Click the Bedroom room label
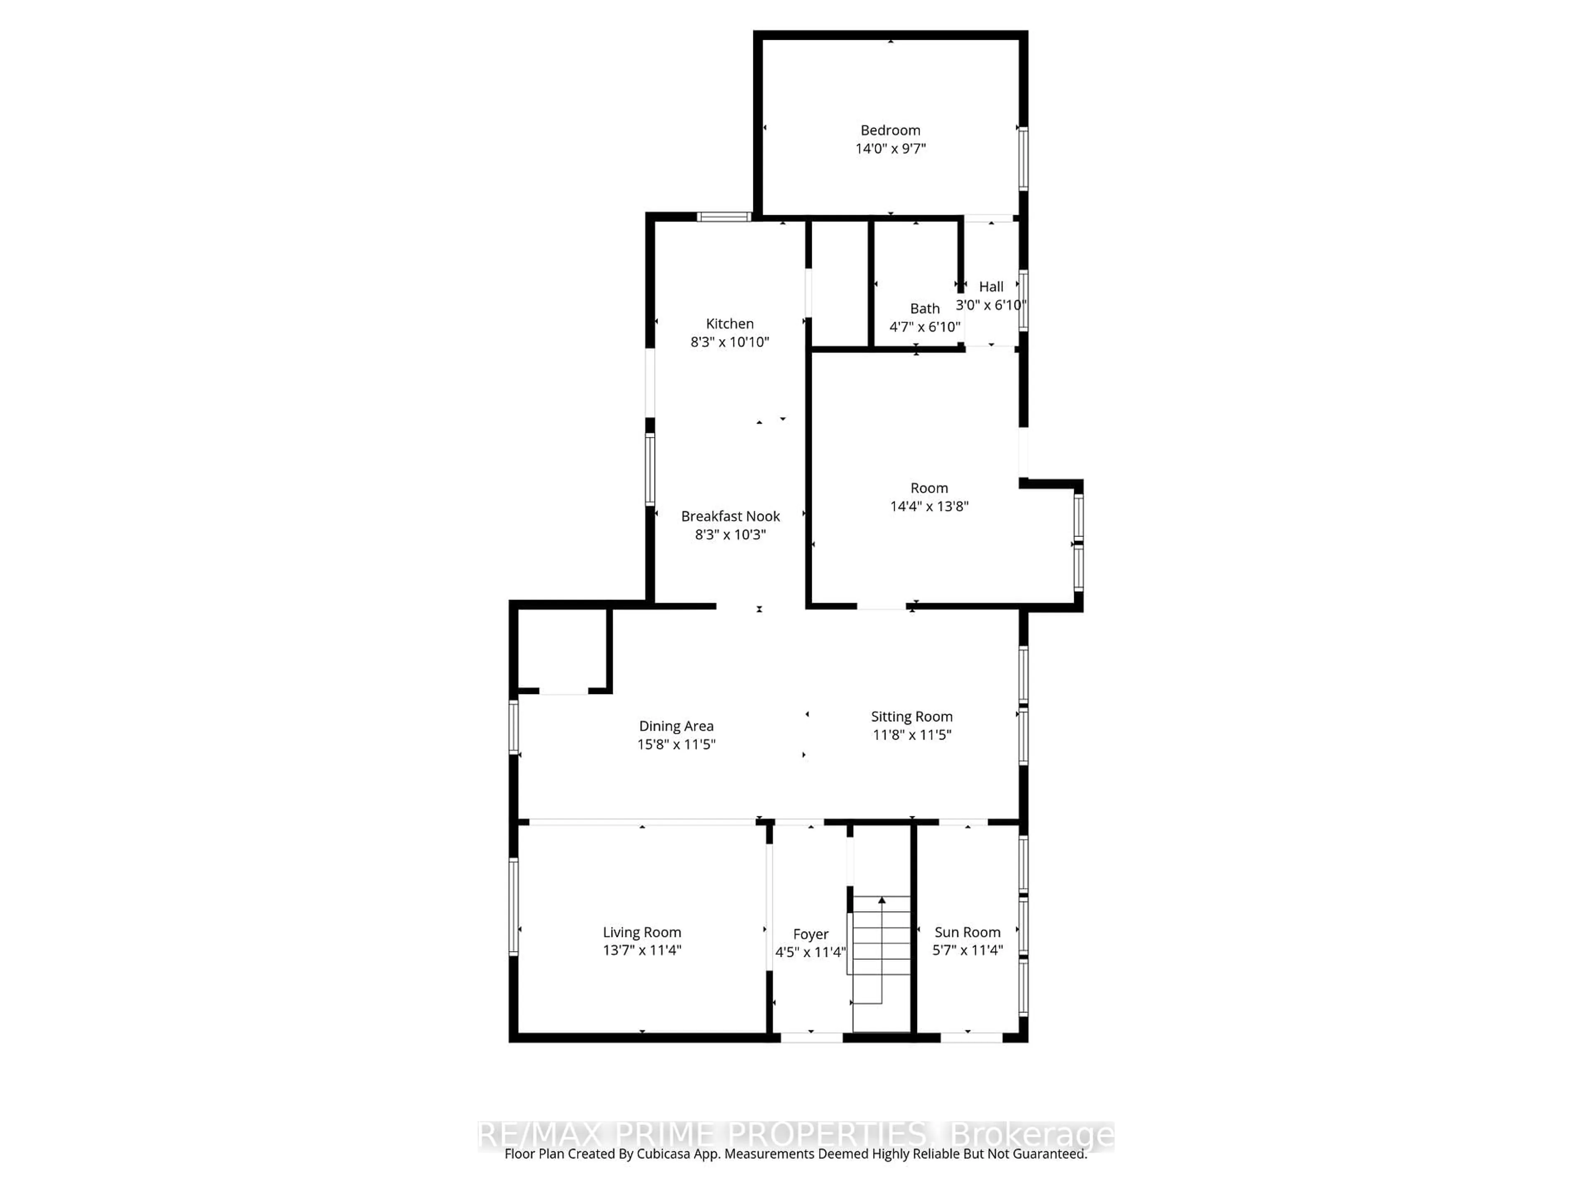coord(890,130)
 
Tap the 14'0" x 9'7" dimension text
coord(890,149)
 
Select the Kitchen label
coord(730,324)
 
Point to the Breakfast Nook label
coord(730,516)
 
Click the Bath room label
coord(925,309)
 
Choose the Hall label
coord(991,286)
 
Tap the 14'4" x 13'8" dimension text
coord(929,506)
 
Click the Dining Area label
coord(676,726)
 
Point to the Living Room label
coord(642,932)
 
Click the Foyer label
coord(811,934)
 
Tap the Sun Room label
coord(967,932)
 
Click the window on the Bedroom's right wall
coord(1023,158)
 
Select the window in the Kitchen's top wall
coord(724,216)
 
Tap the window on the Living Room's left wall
coord(513,907)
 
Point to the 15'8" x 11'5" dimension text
coord(676,744)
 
